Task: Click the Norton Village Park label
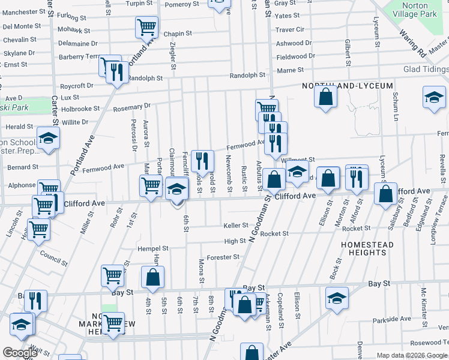pos(415,10)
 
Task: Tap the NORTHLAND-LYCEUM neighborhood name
pos(348,86)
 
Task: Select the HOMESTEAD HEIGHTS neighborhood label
pos(367,248)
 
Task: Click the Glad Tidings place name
pos(426,69)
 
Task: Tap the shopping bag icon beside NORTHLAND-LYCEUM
pos(325,98)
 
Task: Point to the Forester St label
pos(223,257)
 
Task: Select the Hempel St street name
pos(153,248)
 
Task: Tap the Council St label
pos(54,257)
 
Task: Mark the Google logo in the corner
pos(20,353)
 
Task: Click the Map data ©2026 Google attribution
pos(412,355)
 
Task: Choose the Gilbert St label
pos(348,53)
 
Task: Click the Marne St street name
pos(286,71)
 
